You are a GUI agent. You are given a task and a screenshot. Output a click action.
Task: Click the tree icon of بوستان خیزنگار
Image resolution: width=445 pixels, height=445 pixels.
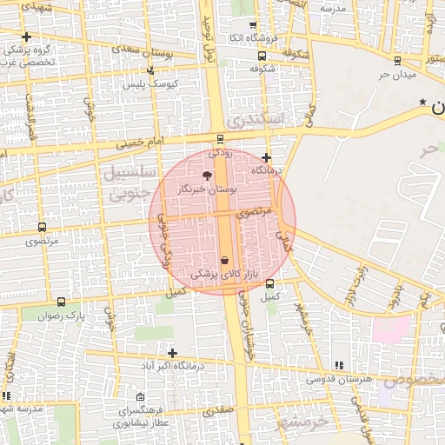[x=206, y=176]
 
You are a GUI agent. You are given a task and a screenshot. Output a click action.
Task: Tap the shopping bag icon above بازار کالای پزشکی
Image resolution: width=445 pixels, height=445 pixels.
[x=225, y=260]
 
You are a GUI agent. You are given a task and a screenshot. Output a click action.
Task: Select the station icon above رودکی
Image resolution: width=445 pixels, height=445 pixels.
[x=220, y=138]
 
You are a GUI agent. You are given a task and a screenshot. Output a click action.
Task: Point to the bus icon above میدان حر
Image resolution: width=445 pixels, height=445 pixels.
[x=397, y=61]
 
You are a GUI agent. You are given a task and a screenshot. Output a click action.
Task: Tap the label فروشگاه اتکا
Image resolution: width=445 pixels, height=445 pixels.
[x=253, y=38]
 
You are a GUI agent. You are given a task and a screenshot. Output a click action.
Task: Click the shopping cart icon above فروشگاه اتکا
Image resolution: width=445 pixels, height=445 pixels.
[x=253, y=25]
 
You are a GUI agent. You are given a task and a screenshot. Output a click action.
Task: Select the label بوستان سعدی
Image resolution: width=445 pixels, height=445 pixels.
[x=173, y=53]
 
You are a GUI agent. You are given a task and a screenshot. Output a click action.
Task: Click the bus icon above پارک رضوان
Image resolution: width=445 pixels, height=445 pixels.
[x=61, y=302]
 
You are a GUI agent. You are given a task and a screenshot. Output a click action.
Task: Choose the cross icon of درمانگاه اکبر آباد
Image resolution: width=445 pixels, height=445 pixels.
[x=173, y=353]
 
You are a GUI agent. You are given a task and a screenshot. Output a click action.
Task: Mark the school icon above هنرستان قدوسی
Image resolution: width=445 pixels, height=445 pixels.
[x=339, y=365]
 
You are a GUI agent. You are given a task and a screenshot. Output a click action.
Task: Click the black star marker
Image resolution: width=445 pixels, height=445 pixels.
[x=423, y=103]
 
